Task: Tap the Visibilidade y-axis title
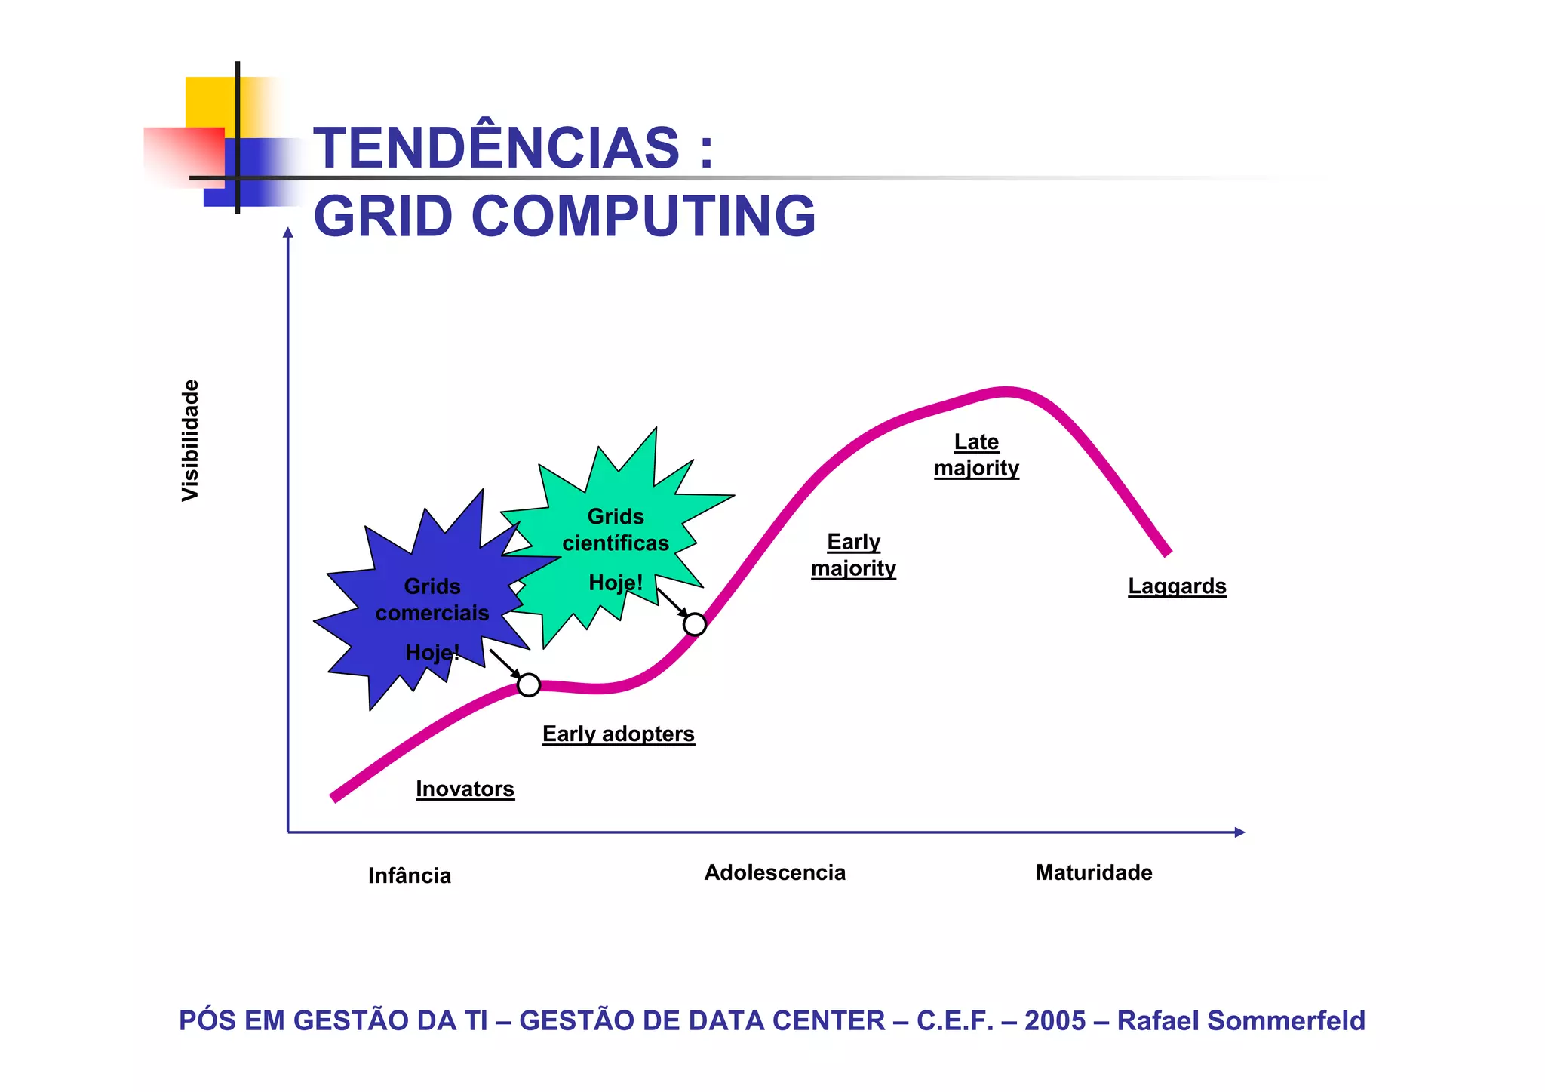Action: pyautogui.click(x=191, y=440)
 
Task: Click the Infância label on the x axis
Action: pyautogui.click(x=410, y=875)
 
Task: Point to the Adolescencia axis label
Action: pyautogui.click(x=775, y=872)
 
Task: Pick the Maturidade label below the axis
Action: pyautogui.click(x=1094, y=872)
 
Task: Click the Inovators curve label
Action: pyautogui.click(x=465, y=789)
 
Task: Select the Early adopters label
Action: pyautogui.click(x=619, y=734)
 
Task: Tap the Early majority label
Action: pyautogui.click(x=853, y=555)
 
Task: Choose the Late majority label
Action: pyautogui.click(x=976, y=454)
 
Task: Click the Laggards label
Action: pyautogui.click(x=1177, y=586)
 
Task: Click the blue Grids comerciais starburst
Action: pyautogui.click(x=422, y=604)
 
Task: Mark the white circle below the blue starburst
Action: pyautogui.click(x=529, y=684)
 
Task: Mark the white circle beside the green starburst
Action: pyautogui.click(x=695, y=624)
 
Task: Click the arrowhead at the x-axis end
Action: pyautogui.click(x=1239, y=832)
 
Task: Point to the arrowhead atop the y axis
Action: pyautogui.click(x=287, y=232)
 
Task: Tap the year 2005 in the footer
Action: pyautogui.click(x=1055, y=1020)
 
